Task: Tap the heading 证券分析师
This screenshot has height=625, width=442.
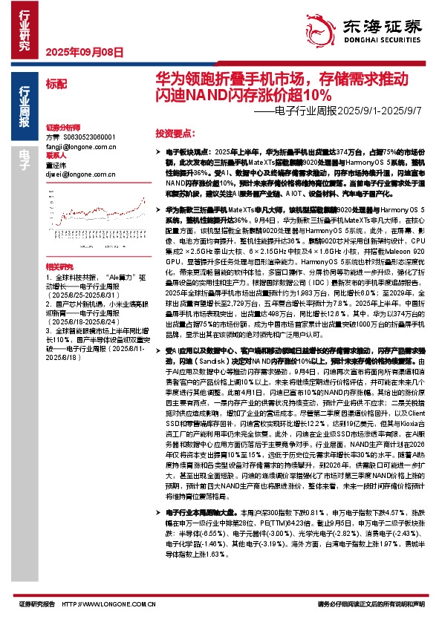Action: (62, 128)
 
